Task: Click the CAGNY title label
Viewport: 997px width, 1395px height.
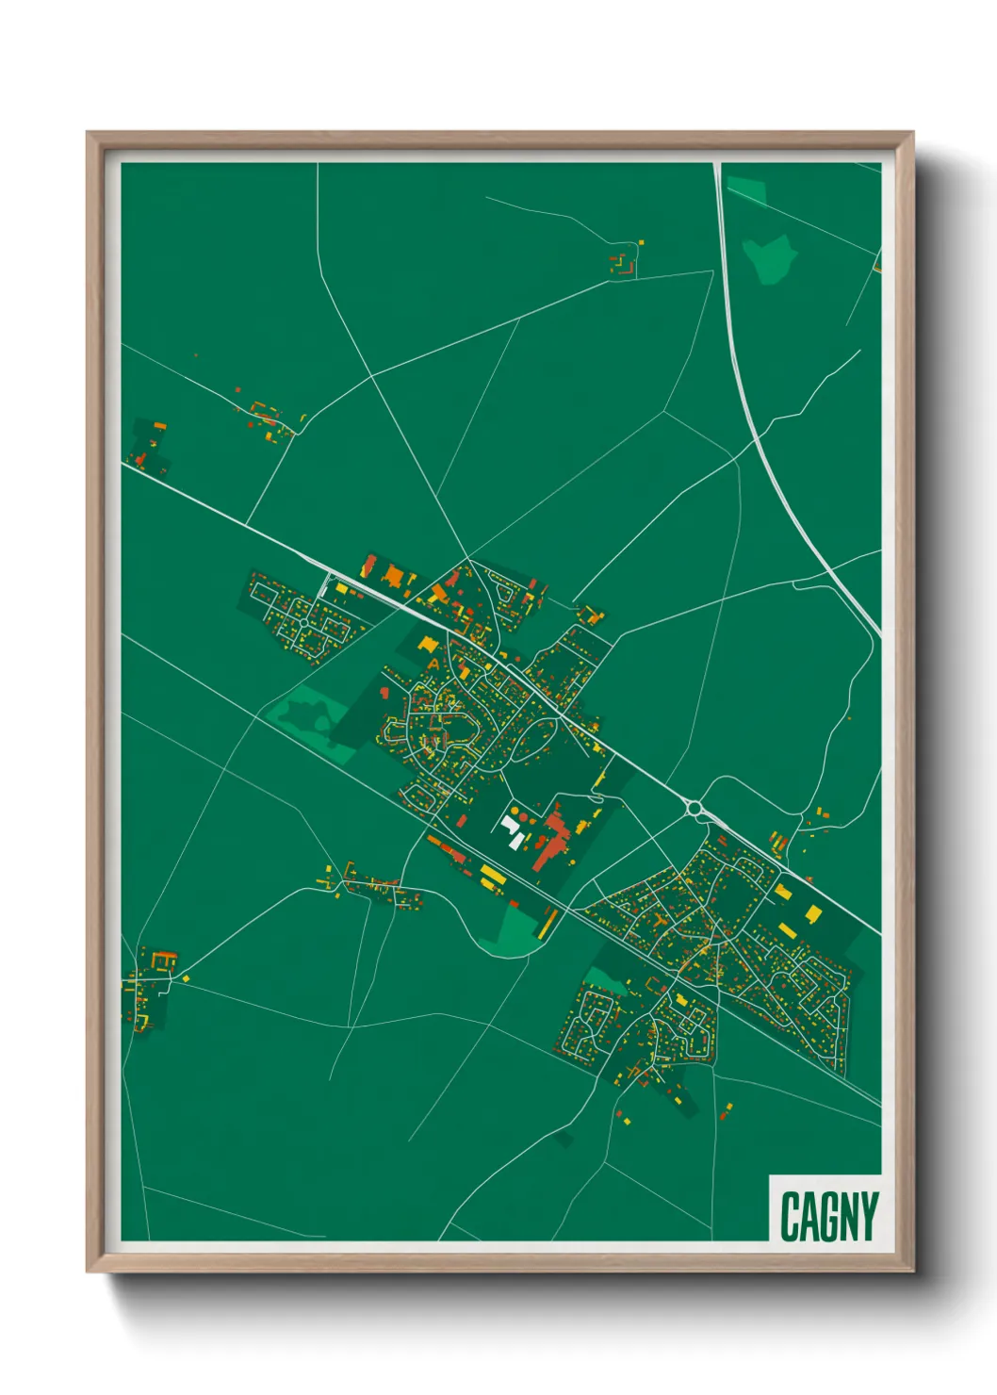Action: [828, 1216]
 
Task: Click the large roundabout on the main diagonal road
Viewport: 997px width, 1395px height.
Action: [695, 808]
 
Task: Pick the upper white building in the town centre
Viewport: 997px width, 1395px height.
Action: [509, 824]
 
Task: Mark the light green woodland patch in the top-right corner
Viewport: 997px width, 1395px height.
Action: [769, 257]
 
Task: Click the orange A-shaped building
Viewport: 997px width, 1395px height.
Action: [433, 664]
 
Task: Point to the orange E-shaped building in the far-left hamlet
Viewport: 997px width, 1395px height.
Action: [161, 960]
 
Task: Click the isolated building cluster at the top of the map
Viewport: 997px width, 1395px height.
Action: [623, 261]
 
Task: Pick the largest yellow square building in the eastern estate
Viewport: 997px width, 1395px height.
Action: [813, 912]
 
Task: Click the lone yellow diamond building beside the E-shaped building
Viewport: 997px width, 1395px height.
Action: [186, 978]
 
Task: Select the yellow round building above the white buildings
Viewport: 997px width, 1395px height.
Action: [515, 809]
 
